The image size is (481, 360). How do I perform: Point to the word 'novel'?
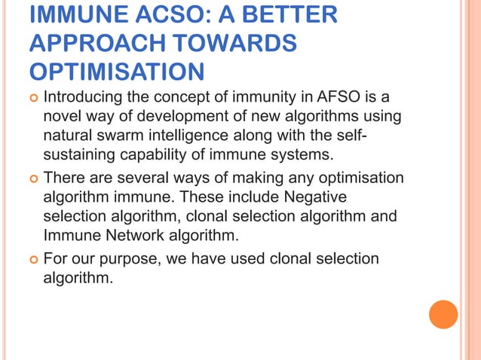pos(64,117)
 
